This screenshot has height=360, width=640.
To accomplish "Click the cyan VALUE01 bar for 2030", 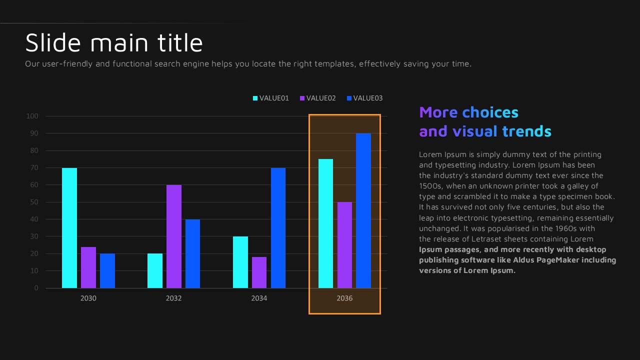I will (69, 228).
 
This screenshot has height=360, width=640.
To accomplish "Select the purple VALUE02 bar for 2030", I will (88, 267).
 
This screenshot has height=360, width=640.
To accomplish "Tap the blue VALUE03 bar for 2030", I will (107, 271).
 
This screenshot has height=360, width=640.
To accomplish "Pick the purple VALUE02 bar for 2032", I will (174, 236).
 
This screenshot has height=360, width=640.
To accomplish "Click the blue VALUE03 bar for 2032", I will (192, 253).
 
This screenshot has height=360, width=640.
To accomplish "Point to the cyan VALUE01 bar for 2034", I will (240, 262).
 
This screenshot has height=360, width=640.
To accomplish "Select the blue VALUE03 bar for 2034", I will (278, 228).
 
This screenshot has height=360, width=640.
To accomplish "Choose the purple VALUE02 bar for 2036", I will (344, 245).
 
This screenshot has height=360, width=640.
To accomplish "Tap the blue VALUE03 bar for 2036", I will (363, 210).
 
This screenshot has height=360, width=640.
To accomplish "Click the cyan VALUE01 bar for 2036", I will (325, 223).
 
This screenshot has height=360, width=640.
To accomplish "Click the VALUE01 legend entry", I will (271, 98).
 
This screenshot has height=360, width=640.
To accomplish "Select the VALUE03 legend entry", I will (364, 98).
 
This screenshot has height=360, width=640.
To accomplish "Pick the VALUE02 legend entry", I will (317, 98).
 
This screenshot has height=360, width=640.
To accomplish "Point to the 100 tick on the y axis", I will (32, 116).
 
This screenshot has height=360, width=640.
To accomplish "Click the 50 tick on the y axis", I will (34, 202).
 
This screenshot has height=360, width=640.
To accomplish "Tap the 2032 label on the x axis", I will (174, 298).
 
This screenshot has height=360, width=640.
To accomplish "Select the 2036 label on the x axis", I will (344, 298).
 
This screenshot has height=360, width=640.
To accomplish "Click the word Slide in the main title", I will (53, 43).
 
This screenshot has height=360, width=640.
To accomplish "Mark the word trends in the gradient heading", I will (526, 131).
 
